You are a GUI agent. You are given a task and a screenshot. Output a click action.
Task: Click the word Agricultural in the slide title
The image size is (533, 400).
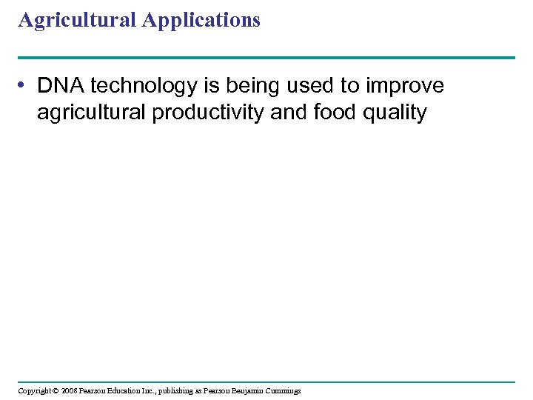point(76,20)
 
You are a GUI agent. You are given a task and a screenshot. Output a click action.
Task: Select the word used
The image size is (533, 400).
point(312,86)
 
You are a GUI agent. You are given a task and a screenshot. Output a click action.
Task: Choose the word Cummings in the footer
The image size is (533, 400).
point(286,390)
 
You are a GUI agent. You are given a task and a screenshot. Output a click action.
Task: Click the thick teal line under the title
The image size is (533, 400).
point(266,57)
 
